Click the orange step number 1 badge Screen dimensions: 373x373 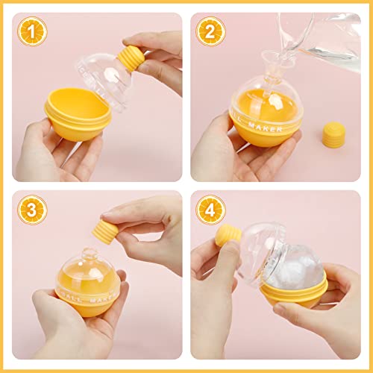tap(32, 31)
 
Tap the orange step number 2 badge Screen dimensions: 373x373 tap(211, 31)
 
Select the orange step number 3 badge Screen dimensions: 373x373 tap(32, 210)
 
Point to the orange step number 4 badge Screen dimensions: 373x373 tap(211, 210)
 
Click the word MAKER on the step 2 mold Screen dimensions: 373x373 tap(266, 127)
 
